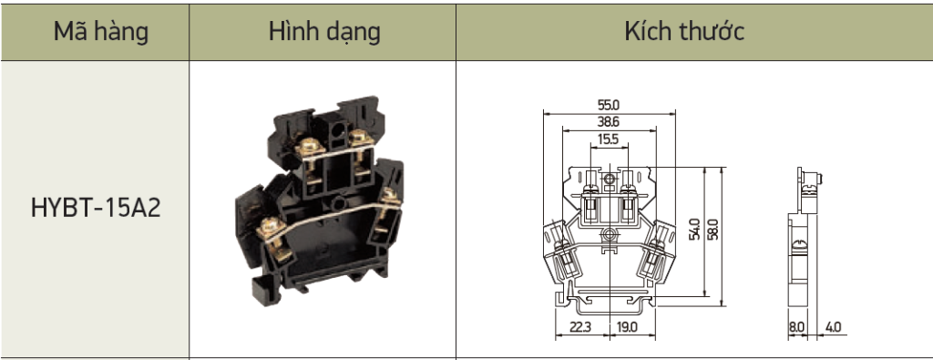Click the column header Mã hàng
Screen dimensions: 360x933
click(100, 33)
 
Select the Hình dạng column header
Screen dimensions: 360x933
click(323, 33)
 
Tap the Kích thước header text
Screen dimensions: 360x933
click(684, 33)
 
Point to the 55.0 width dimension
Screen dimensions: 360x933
click(609, 105)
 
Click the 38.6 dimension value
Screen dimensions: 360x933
click(609, 122)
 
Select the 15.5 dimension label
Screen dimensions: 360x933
click(609, 139)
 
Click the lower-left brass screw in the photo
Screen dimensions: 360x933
click(270, 228)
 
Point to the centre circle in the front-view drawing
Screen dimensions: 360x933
click(609, 236)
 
